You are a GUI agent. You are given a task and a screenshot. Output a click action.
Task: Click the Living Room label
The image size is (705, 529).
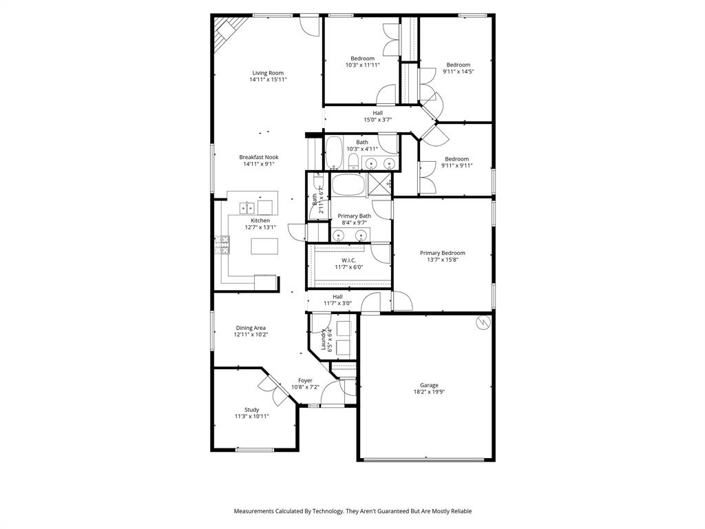pos(268,73)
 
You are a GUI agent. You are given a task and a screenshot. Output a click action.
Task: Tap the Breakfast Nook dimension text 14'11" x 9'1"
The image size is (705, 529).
pos(259,164)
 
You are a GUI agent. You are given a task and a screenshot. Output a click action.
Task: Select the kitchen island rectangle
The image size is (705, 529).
pos(265,247)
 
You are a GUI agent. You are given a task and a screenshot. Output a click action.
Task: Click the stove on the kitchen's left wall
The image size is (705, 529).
pos(222,246)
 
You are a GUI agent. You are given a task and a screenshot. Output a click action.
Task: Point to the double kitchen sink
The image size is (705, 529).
pos(246,207)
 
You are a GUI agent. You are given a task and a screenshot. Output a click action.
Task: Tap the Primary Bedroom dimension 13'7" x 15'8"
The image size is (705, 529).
pos(443,260)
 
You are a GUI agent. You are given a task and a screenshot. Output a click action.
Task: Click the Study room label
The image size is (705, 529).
pos(251,410)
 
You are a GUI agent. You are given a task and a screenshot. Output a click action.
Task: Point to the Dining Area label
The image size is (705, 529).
pos(251,328)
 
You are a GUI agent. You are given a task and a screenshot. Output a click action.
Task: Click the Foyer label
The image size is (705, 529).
pos(305,380)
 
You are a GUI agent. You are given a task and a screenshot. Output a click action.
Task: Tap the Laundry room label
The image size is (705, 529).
pos(323,340)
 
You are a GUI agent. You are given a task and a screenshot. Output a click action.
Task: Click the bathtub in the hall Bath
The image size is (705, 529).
pos(333,153)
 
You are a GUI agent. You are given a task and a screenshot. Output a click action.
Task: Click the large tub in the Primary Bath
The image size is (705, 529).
pos(348,185)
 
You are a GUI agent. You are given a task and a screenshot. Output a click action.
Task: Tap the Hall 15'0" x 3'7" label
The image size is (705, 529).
pos(378,113)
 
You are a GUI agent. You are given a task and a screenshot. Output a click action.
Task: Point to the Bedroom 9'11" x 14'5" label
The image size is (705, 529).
pos(458,65)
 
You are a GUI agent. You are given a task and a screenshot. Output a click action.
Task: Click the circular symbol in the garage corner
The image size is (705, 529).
pos(483,322)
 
